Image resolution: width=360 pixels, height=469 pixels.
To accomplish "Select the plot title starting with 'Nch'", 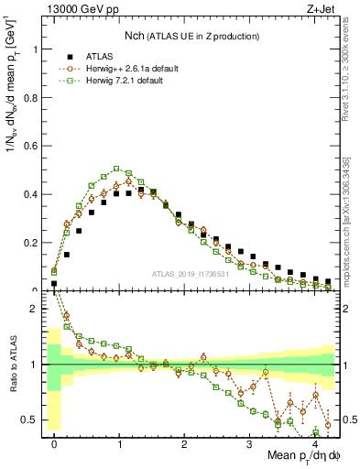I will (192, 36).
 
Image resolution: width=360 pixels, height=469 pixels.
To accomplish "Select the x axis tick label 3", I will (250, 442).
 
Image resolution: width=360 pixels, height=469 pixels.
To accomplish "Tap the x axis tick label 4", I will (315, 442).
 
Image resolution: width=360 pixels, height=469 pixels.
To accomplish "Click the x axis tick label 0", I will (54, 442).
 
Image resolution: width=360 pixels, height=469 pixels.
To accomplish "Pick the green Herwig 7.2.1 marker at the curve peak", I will (116, 169).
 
